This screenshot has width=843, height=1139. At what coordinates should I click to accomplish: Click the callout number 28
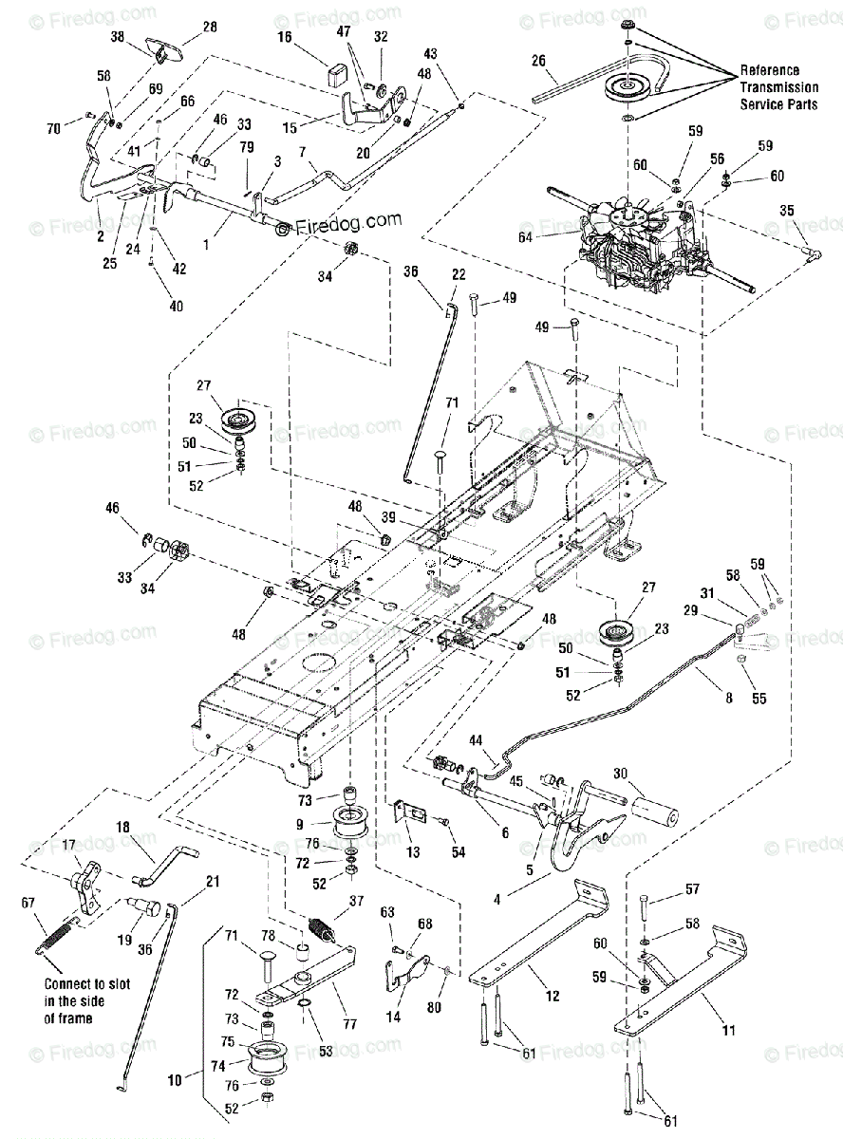point(210,27)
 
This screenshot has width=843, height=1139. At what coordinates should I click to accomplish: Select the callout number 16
point(284,36)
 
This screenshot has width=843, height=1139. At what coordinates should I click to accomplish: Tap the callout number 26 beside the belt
point(538,61)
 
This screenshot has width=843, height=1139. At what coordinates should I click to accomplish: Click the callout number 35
point(787,210)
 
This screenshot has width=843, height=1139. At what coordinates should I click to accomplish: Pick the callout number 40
point(151,306)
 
